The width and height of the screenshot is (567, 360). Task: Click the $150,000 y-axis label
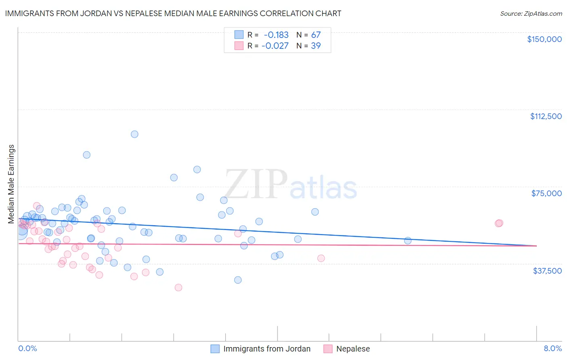[x=544, y=39]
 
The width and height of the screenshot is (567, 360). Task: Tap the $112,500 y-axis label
[x=546, y=116]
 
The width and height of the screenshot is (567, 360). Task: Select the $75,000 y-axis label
[x=546, y=193]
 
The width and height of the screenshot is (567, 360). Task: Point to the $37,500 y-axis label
[x=547, y=271]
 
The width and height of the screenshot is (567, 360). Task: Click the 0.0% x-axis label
[x=27, y=349]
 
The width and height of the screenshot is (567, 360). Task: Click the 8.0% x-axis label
[x=552, y=349]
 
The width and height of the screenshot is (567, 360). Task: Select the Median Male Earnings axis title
[x=11, y=184]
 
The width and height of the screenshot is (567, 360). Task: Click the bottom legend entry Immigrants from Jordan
[x=267, y=349]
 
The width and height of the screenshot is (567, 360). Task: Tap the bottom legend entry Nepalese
[x=353, y=349]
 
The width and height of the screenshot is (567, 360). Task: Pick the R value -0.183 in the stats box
[x=276, y=35]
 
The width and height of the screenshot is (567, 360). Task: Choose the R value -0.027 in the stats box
[x=275, y=46]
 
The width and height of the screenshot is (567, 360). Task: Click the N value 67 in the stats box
[x=316, y=35]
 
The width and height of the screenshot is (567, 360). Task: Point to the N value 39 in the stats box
[x=316, y=46]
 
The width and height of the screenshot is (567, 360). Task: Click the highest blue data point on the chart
[x=135, y=134]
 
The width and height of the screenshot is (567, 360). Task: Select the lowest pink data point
[x=178, y=288]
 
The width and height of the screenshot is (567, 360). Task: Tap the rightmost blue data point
[x=408, y=241]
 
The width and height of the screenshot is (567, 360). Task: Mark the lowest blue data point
[x=238, y=280]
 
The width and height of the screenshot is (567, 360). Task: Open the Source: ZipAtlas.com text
[x=531, y=14]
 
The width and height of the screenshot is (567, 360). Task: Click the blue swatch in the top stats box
[x=239, y=35]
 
